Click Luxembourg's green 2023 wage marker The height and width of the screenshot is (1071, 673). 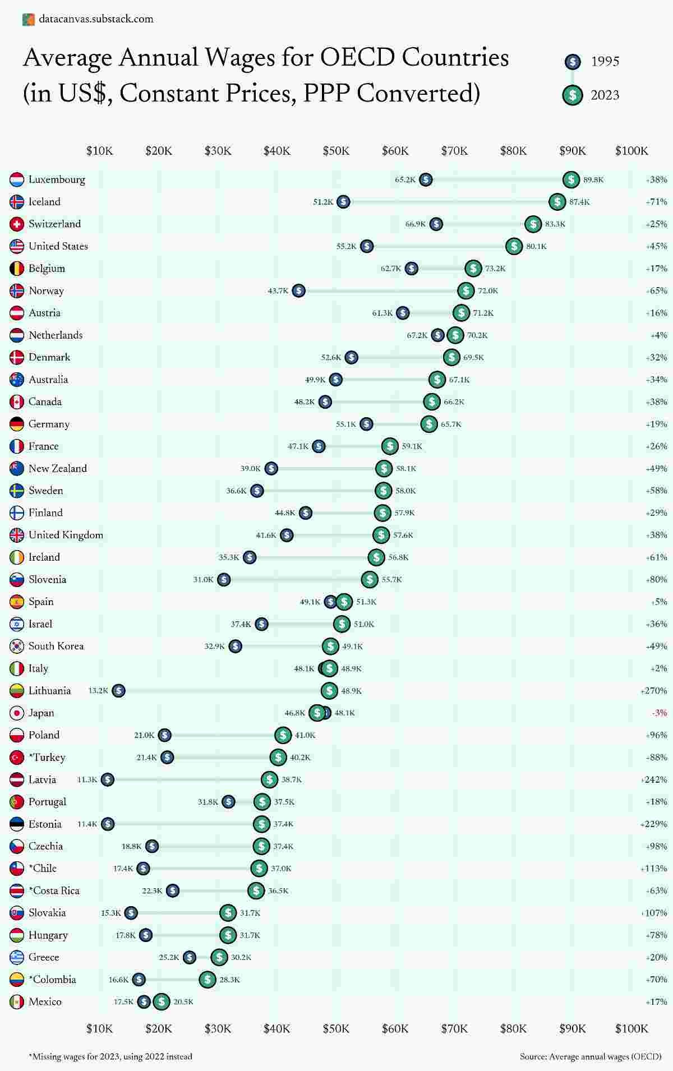point(571,179)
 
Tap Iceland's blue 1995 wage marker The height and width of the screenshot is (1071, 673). point(343,202)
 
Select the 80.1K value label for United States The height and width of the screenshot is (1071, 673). point(536,246)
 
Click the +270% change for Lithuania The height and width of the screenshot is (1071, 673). point(653,691)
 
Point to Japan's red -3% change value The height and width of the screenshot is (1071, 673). point(660,713)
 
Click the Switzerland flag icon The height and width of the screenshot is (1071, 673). point(17,224)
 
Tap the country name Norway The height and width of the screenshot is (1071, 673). point(46,290)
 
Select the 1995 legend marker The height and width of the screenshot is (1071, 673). point(572,61)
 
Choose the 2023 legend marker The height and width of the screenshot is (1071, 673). point(572,95)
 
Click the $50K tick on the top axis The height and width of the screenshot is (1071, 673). point(336,151)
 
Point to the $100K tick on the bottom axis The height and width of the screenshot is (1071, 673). point(631,1028)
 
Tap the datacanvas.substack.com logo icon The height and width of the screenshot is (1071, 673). point(28,19)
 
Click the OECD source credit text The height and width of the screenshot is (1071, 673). point(591,1056)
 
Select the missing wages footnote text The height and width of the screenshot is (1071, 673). point(110,1056)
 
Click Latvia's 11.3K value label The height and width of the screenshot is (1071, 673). point(87,779)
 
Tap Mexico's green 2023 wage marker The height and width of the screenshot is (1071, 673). point(162,1001)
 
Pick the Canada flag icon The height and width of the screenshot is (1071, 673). point(17,401)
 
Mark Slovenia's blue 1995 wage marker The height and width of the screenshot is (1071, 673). point(224,579)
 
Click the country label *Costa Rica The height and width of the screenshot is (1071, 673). point(54,890)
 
